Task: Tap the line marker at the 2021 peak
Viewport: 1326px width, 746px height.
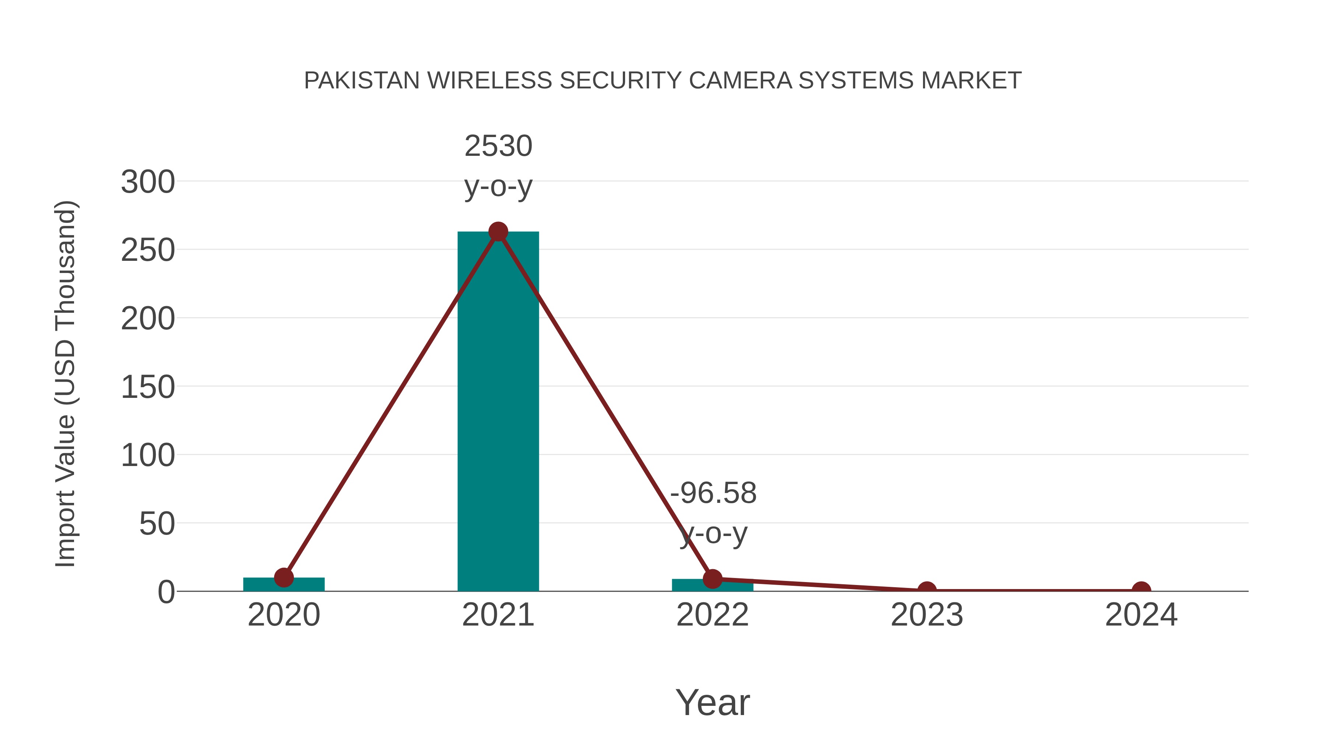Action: pos(498,232)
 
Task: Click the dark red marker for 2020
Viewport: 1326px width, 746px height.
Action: pos(284,578)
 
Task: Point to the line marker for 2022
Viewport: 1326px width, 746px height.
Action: pos(712,579)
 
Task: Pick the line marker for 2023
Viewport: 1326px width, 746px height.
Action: pos(927,590)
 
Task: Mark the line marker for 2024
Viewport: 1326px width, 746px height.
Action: pos(1141,590)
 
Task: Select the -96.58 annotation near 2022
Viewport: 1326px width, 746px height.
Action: pos(713,493)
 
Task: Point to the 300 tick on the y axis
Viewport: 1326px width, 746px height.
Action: pos(148,182)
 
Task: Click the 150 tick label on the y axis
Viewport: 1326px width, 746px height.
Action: pos(148,387)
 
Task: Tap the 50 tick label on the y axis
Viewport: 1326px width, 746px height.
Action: pos(157,524)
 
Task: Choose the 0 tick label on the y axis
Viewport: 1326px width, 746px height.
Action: pos(166,592)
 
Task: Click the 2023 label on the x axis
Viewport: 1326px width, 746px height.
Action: pos(927,615)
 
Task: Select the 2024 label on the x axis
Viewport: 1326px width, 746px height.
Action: pos(1141,615)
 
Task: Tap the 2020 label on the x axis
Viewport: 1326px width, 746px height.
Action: pos(284,615)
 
